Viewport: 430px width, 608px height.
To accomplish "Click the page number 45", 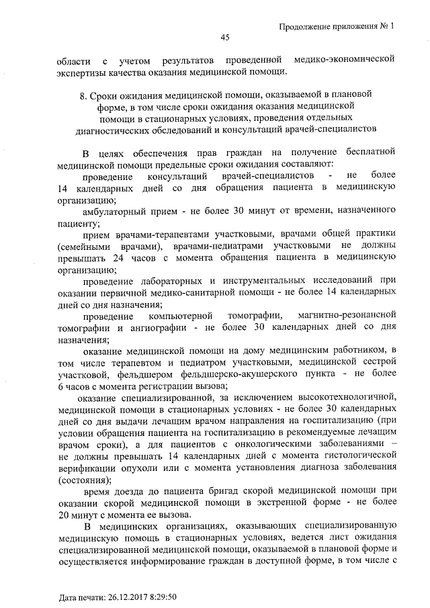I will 225,38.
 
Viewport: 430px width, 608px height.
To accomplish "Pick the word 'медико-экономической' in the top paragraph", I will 342,60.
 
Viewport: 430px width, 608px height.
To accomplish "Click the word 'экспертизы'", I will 84,73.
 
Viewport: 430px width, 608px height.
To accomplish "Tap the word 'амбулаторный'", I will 116,212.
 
